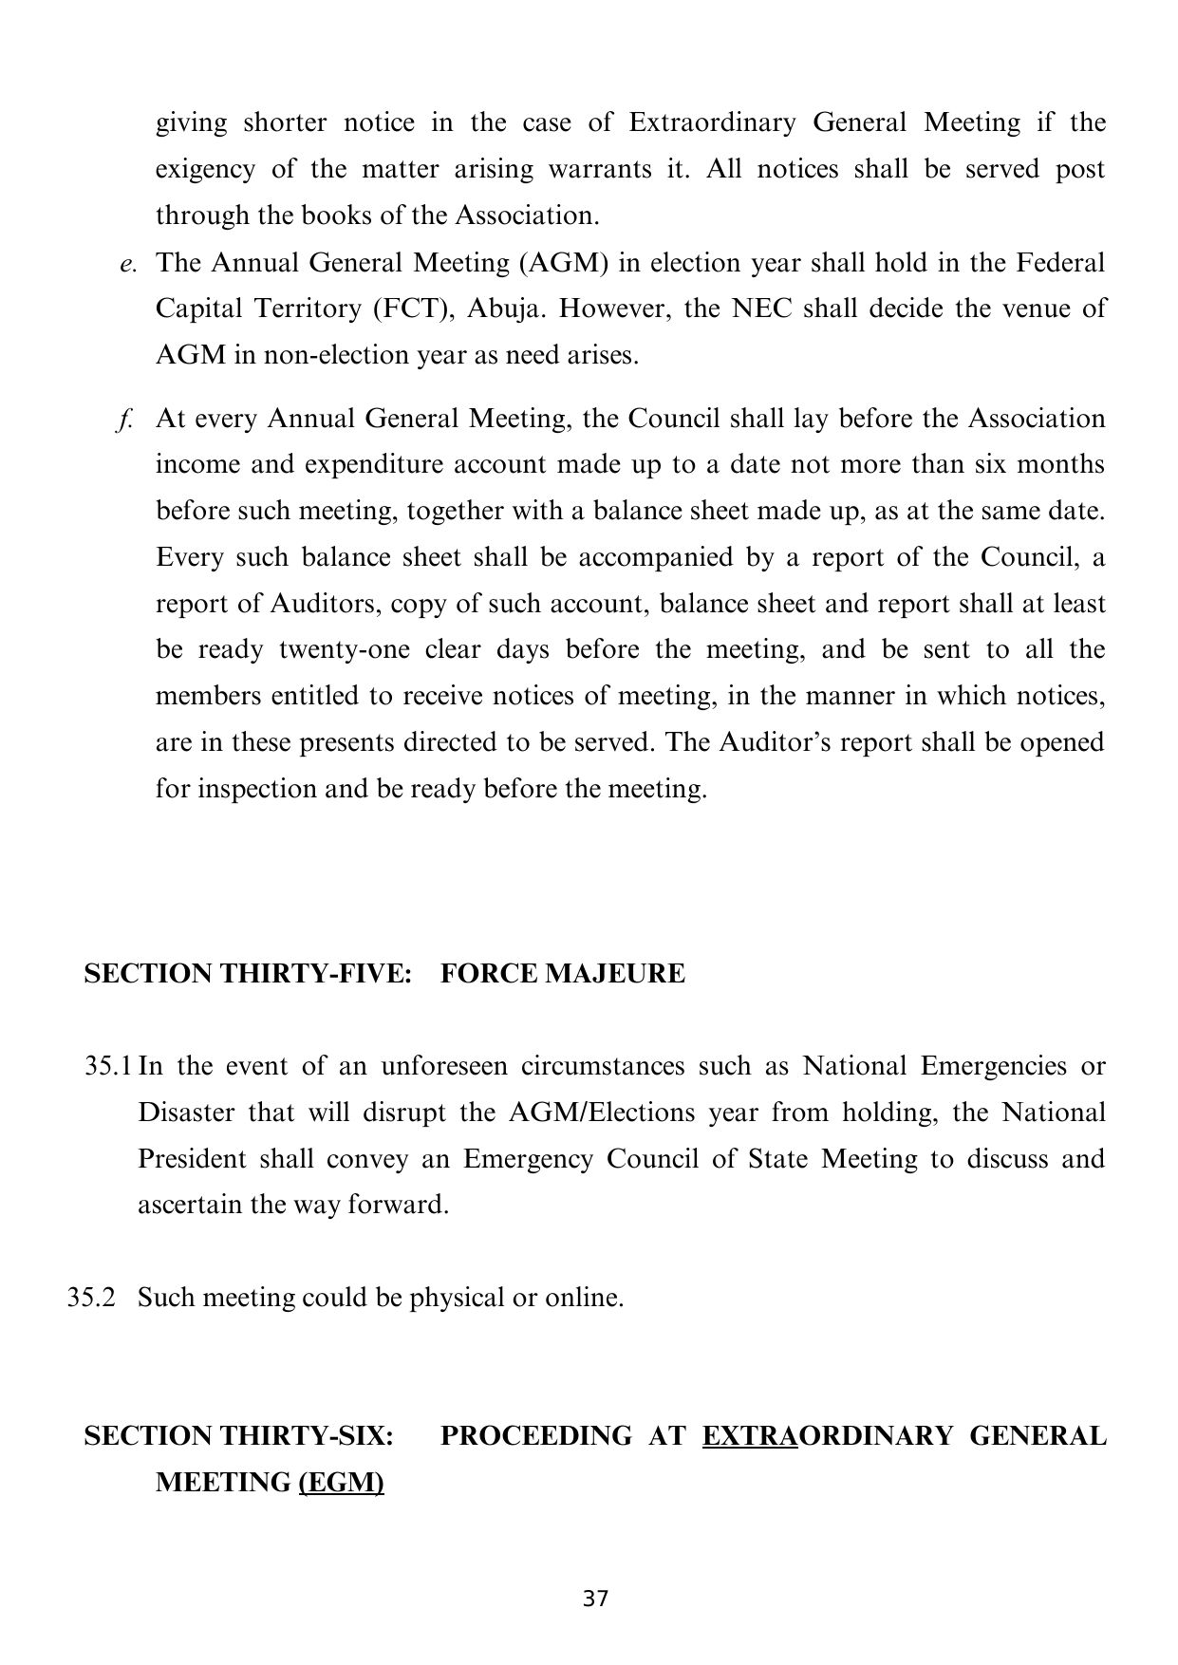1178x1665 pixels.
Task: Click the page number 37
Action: pos(595,1599)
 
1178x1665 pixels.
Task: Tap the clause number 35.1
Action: pos(108,1066)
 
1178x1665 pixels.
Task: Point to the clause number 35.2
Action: pos(91,1298)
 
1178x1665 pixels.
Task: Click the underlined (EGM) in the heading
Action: pos(341,1482)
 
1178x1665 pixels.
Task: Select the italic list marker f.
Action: pos(124,420)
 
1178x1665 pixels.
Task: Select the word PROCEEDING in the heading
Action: pos(535,1436)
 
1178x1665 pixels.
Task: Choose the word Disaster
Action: pos(186,1113)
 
